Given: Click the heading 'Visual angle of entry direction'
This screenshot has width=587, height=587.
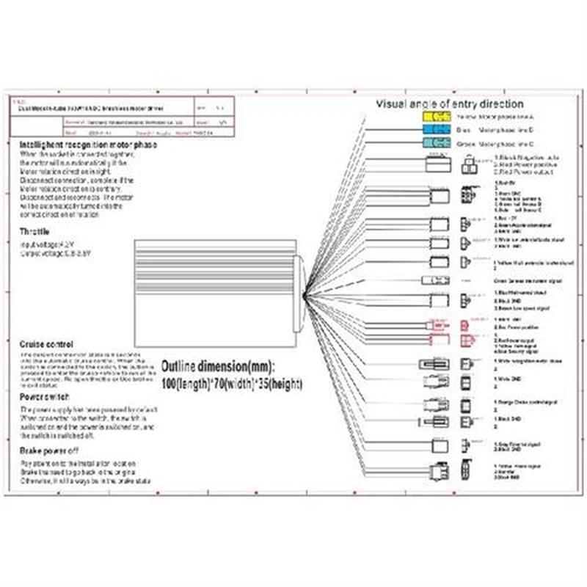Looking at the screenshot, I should point(450,104).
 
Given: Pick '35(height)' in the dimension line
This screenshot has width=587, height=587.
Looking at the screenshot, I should point(277,384).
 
